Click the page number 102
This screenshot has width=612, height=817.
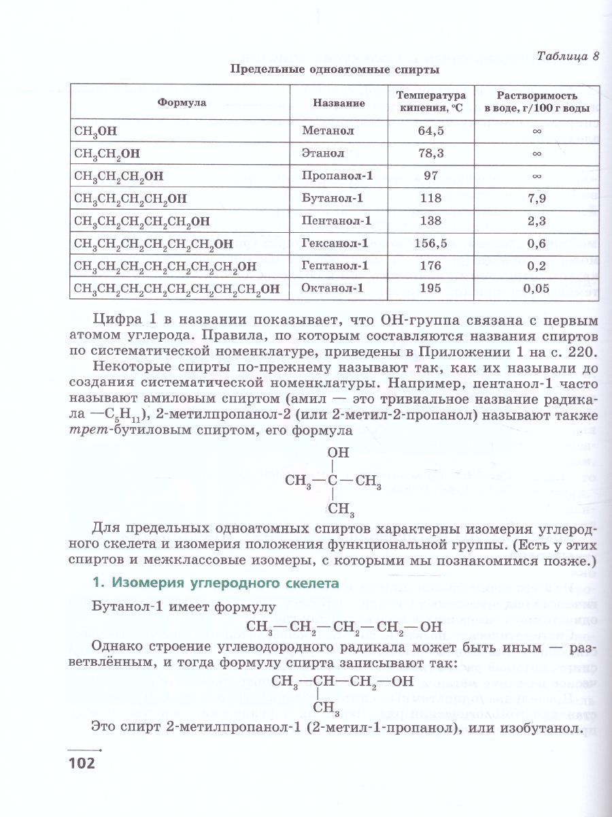(82, 762)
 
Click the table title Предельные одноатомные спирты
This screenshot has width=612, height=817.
(334, 69)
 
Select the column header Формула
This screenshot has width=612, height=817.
(182, 103)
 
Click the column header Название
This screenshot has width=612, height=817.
(339, 103)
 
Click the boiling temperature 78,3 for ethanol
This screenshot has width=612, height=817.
(430, 153)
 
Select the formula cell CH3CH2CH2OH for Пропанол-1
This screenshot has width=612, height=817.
(119, 176)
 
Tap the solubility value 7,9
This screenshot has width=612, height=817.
(536, 198)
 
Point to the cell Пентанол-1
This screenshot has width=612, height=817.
(337, 221)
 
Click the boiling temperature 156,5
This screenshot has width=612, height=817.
(430, 243)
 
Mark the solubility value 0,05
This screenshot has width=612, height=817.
(536, 288)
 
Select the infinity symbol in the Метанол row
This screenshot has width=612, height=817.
(536, 130)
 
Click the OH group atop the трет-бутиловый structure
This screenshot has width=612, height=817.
(338, 452)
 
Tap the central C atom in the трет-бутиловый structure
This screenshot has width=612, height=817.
(333, 481)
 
